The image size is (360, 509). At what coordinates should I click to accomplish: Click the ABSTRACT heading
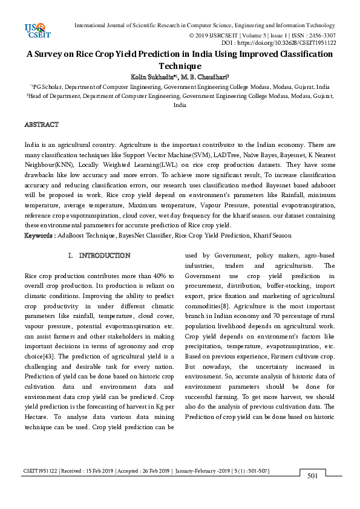point(41,125)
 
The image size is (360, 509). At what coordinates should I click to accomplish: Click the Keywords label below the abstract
point(40,235)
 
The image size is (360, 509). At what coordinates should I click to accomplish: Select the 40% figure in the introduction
point(160,276)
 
